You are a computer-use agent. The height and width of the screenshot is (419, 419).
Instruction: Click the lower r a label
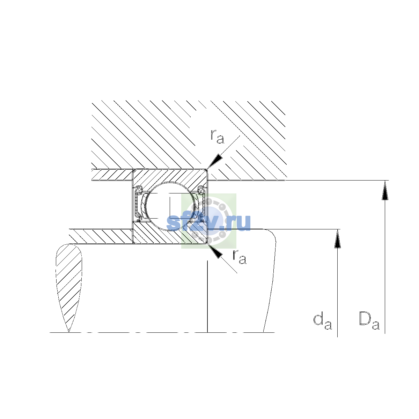tap(240, 257)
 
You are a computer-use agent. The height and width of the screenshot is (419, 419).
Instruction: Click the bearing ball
tap(170, 206)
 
